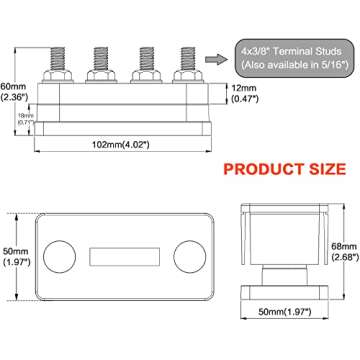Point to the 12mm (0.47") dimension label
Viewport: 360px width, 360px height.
click(x=245, y=93)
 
